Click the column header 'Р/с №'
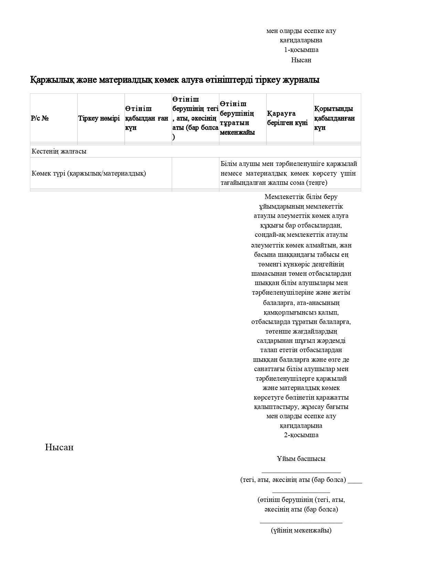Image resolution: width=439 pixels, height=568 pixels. coord(40,118)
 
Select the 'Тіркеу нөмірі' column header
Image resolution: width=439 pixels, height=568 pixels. coord(99,118)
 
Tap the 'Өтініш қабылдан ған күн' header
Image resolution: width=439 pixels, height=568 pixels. coord(147,118)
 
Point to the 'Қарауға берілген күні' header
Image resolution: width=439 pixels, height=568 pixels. coord(287,118)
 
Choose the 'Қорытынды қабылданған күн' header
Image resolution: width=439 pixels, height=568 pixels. coord(334,118)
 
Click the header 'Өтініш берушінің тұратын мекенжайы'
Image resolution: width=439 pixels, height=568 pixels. coord(238,118)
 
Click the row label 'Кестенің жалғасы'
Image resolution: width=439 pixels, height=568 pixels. coord(59,151)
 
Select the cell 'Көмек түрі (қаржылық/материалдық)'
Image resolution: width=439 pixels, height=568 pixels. coord(89,173)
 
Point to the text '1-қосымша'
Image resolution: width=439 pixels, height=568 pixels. coord(301,50)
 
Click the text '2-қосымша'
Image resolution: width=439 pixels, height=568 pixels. coord(301,435)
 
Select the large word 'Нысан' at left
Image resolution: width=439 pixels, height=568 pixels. coord(59,447)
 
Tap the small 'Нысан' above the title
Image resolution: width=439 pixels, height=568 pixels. coord(301,60)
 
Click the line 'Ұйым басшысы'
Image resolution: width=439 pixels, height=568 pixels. coord(301,459)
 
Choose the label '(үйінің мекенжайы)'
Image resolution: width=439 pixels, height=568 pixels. coord(301,530)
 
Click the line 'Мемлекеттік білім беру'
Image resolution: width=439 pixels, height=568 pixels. coord(301,197)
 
